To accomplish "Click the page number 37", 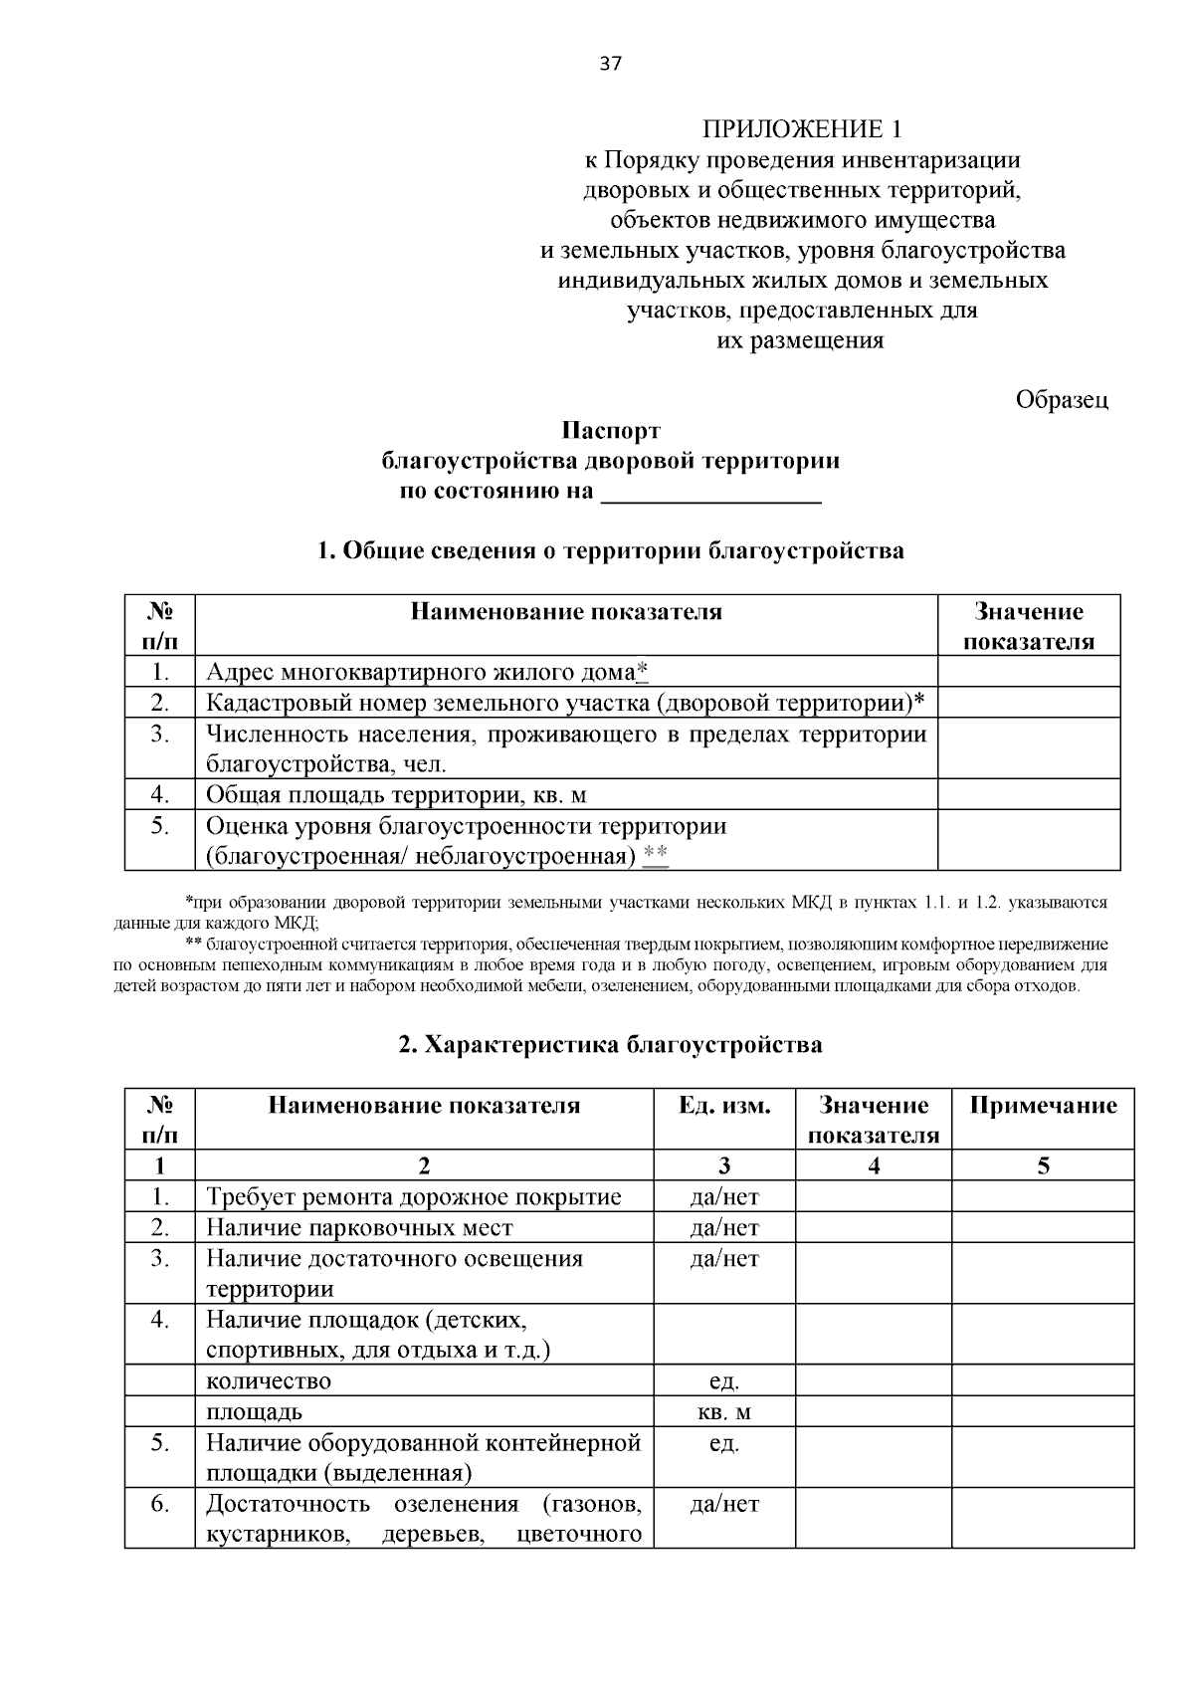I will coord(610,65).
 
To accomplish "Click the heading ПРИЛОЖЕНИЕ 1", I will coord(803,129).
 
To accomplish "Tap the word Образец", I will coord(1062,400).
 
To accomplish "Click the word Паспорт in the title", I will coord(610,431).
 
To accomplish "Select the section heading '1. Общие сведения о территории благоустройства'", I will coord(610,550).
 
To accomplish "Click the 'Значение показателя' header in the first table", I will coord(1029,626).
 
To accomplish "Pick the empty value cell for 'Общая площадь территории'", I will coord(1029,794).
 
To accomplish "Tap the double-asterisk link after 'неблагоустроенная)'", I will coord(656,855).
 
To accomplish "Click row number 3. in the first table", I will coord(159,735).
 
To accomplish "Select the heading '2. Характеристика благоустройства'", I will coord(610,1044).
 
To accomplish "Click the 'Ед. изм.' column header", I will coord(723,1105).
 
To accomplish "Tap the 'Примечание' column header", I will coord(1042,1105).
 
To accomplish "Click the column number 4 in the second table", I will coord(873,1165).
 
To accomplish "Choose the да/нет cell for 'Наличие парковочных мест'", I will coord(723,1227).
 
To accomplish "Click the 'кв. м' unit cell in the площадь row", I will coord(723,1411).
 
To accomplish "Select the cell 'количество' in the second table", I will coord(269,1380).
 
